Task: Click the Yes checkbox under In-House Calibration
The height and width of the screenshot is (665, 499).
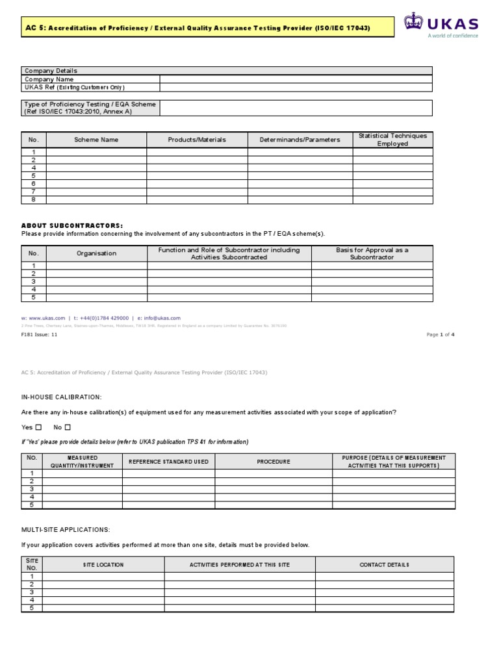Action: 38,427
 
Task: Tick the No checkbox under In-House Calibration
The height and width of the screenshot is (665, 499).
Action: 68,427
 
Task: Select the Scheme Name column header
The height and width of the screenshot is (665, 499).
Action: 96,140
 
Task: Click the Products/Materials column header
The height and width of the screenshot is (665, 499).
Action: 197,140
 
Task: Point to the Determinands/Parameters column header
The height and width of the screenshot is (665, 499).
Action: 300,140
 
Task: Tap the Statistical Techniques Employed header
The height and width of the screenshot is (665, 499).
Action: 392,140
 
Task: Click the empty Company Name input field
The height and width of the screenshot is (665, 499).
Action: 296,79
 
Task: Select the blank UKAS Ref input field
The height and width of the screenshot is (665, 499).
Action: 296,87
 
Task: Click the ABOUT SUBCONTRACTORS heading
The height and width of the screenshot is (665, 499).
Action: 72,225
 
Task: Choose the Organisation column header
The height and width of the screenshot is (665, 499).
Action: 96,253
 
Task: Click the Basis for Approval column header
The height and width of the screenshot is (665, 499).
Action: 372,253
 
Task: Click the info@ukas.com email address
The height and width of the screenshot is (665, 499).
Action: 162,318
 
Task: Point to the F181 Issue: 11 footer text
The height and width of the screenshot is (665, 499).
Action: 40,334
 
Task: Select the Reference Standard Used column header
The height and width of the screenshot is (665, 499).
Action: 168,461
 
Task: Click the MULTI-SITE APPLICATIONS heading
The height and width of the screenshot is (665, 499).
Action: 66,530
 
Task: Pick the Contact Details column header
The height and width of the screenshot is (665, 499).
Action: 385,565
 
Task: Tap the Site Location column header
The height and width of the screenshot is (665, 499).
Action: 103,565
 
